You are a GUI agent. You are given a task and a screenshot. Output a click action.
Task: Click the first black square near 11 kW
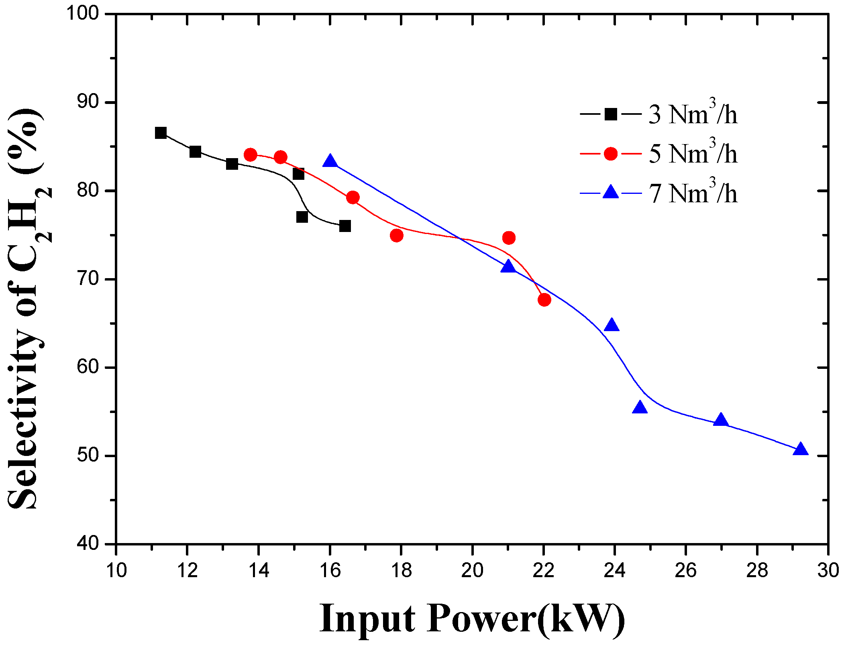(161, 133)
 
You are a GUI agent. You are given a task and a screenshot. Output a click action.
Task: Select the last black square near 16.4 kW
(345, 226)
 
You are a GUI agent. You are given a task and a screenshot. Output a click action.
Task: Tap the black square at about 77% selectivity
(302, 217)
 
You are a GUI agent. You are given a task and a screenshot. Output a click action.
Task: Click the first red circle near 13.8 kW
(250, 155)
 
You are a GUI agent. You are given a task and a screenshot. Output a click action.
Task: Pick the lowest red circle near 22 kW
(544, 299)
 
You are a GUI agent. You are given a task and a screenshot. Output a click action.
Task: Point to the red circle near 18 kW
(396, 235)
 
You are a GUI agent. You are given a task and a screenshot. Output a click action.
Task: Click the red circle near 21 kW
(509, 238)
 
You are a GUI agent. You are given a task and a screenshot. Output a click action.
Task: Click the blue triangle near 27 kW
(721, 420)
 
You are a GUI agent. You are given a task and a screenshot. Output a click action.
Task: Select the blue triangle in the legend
(611, 192)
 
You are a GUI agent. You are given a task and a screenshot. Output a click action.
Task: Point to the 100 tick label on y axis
(82, 14)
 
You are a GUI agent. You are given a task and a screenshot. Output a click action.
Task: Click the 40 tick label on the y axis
(88, 544)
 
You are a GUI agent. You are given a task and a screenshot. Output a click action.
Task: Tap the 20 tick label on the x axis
(472, 570)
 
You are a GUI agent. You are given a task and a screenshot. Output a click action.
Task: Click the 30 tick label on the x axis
(828, 570)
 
